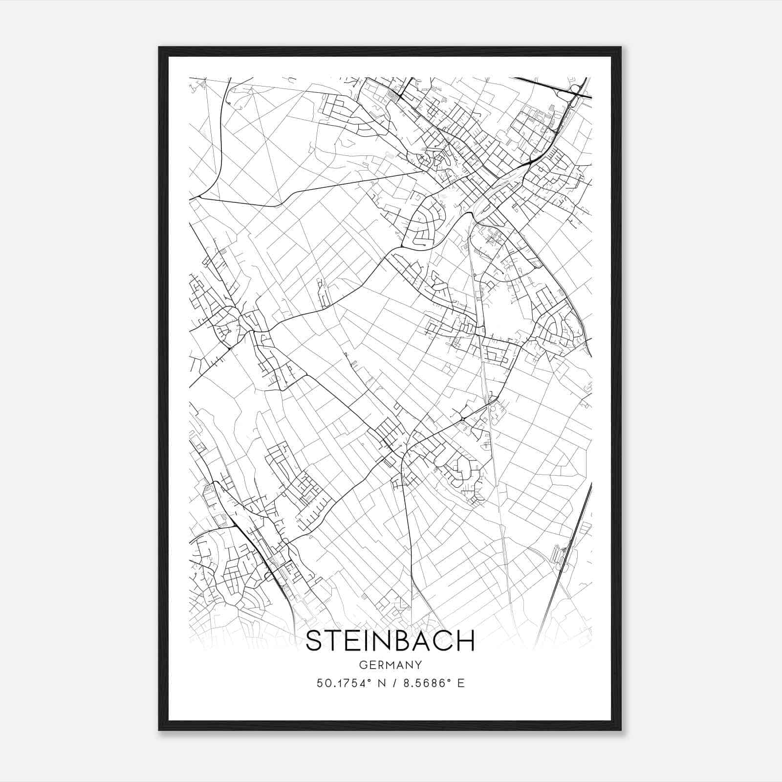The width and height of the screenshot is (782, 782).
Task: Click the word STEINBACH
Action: (390, 641)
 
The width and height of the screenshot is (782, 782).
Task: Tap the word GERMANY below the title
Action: (390, 665)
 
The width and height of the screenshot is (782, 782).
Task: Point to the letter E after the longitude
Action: (460, 683)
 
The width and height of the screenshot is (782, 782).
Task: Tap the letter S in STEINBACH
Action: (315, 641)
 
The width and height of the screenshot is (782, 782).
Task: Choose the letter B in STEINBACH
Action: (400, 641)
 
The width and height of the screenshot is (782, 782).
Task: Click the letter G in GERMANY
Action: (362, 665)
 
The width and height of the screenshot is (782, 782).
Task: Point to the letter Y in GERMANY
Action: (418, 665)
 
